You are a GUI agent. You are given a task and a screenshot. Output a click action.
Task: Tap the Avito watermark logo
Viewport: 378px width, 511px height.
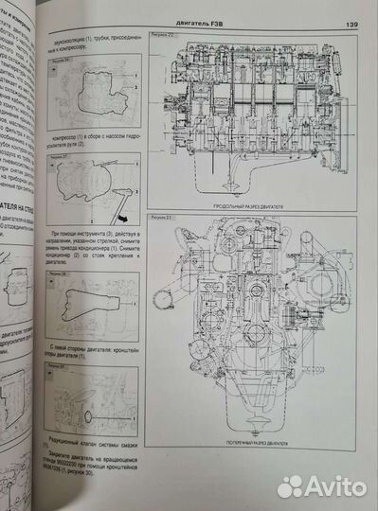click(322, 485)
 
